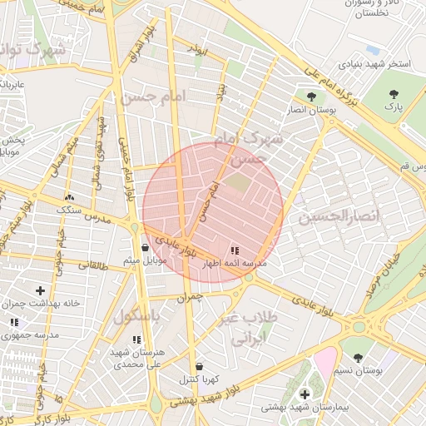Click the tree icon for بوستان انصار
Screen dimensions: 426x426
click(311, 97)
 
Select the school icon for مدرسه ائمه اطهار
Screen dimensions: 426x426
click(234, 250)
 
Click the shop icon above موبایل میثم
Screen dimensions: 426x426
click(146, 247)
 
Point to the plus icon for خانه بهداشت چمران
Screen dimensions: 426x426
click(40, 290)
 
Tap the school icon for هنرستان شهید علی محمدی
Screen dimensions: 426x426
click(136, 339)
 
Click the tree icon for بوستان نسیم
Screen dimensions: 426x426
click(358, 358)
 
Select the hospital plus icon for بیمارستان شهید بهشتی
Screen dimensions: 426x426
click(305, 394)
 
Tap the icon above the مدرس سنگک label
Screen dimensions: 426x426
click(70, 198)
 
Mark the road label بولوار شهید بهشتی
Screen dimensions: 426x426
click(209, 395)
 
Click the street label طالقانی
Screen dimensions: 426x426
click(93, 265)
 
